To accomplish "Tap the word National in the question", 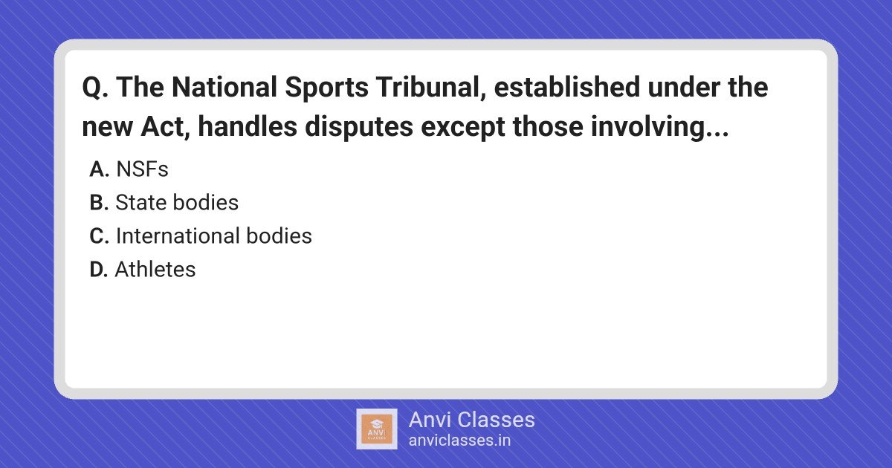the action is tap(224, 87).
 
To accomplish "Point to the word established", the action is tap(566, 87).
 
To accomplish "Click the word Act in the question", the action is tap(165, 127).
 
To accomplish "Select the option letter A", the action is tap(99, 169).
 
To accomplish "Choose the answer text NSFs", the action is tap(142, 169).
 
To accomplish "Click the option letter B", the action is tap(99, 203).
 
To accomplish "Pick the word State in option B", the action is tap(140, 203).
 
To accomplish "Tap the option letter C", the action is tap(99, 236).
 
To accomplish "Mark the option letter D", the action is tap(99, 270).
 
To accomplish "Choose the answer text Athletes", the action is tap(155, 270).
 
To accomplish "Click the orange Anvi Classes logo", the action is tap(376, 429).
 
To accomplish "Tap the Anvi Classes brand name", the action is tap(471, 420).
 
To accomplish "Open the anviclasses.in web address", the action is tap(459, 441).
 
